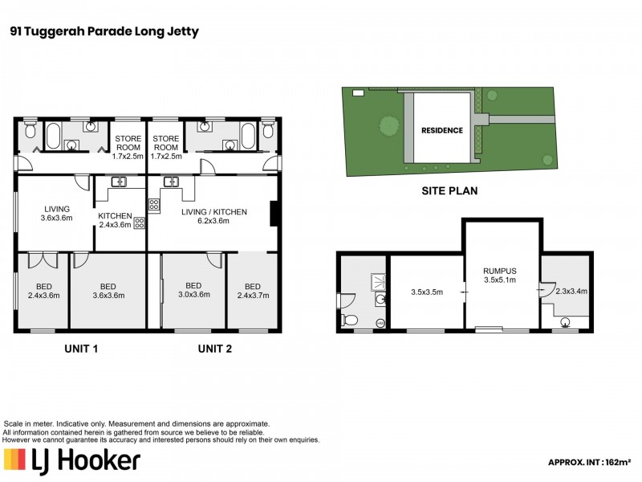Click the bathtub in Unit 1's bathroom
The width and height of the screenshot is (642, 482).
pos(54,136)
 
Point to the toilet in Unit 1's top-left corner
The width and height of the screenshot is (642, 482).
pos(30,130)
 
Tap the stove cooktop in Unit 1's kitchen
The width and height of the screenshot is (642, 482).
pos(139,223)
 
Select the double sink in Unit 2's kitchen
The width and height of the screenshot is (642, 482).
pos(172,182)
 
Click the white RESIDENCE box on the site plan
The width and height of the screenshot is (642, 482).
pos(442,129)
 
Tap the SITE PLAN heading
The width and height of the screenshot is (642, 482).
pos(449,191)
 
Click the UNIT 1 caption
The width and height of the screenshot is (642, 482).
pos(86,349)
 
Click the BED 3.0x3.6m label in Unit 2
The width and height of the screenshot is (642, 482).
pos(193,290)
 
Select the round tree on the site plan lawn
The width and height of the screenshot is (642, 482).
pos(388,125)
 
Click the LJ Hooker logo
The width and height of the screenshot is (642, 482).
pos(72,460)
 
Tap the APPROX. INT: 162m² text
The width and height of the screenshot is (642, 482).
pos(590,462)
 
